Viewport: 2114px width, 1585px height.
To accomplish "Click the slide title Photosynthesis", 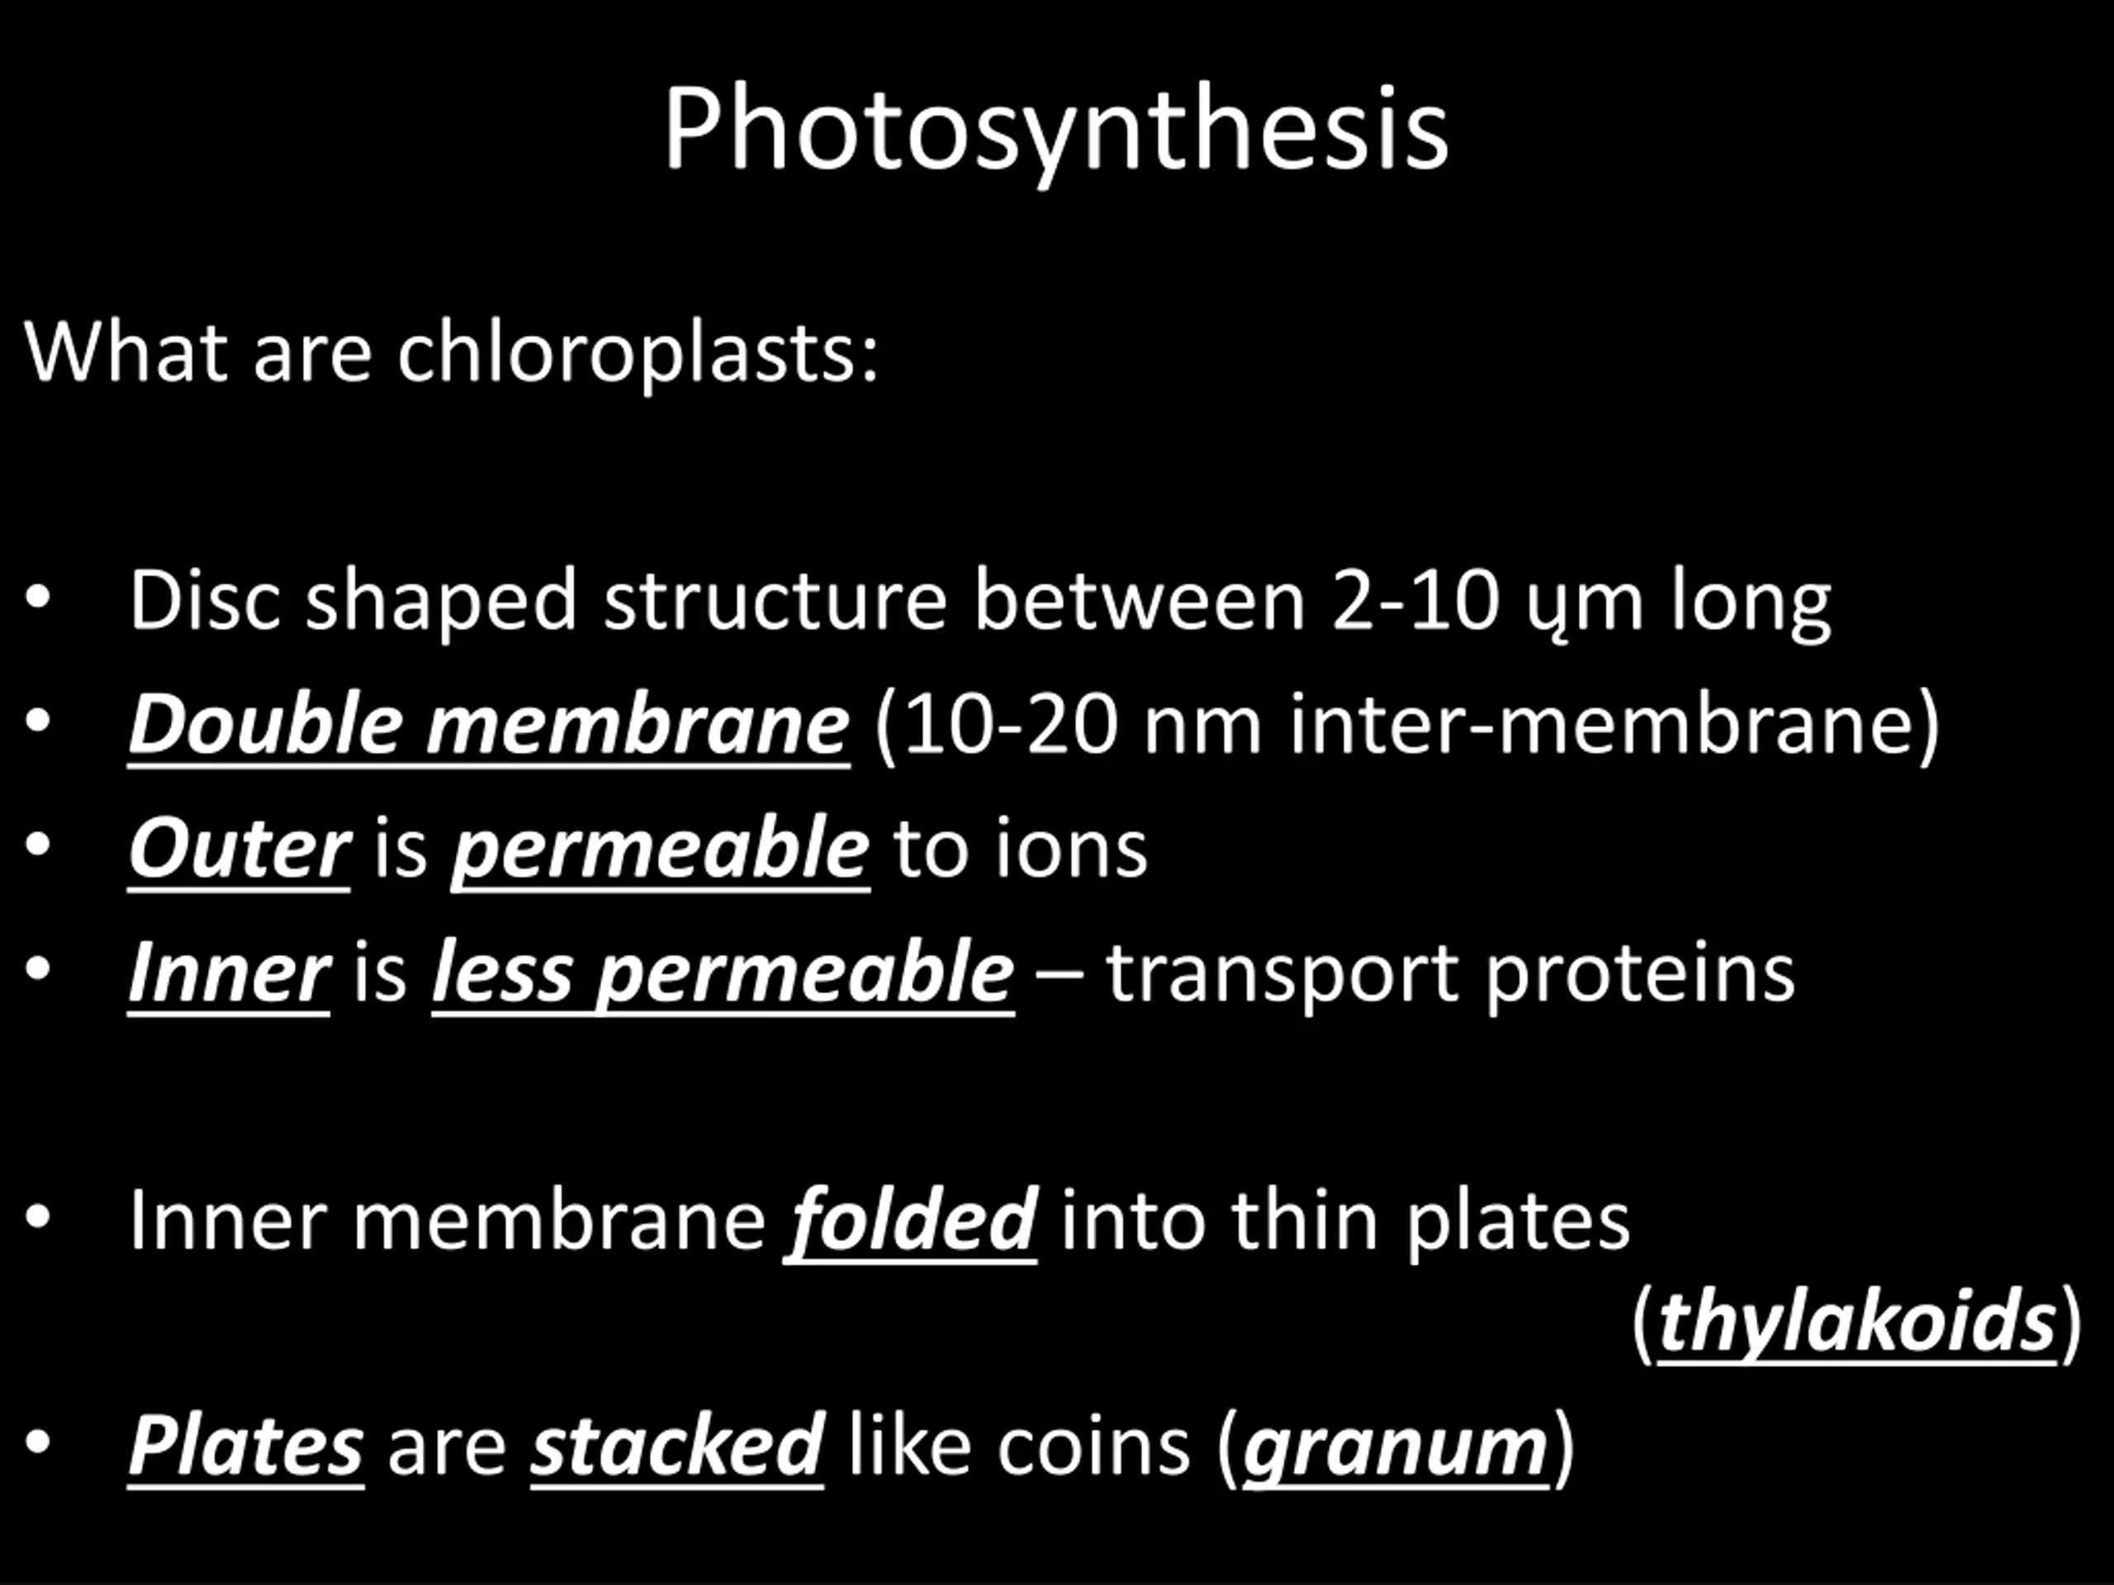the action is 1056,129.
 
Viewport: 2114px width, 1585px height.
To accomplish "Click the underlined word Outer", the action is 239,849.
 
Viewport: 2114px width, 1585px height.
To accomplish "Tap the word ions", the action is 1070,849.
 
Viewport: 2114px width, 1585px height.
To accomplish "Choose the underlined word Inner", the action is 230,972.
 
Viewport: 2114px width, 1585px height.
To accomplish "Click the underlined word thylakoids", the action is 1857,1322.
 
